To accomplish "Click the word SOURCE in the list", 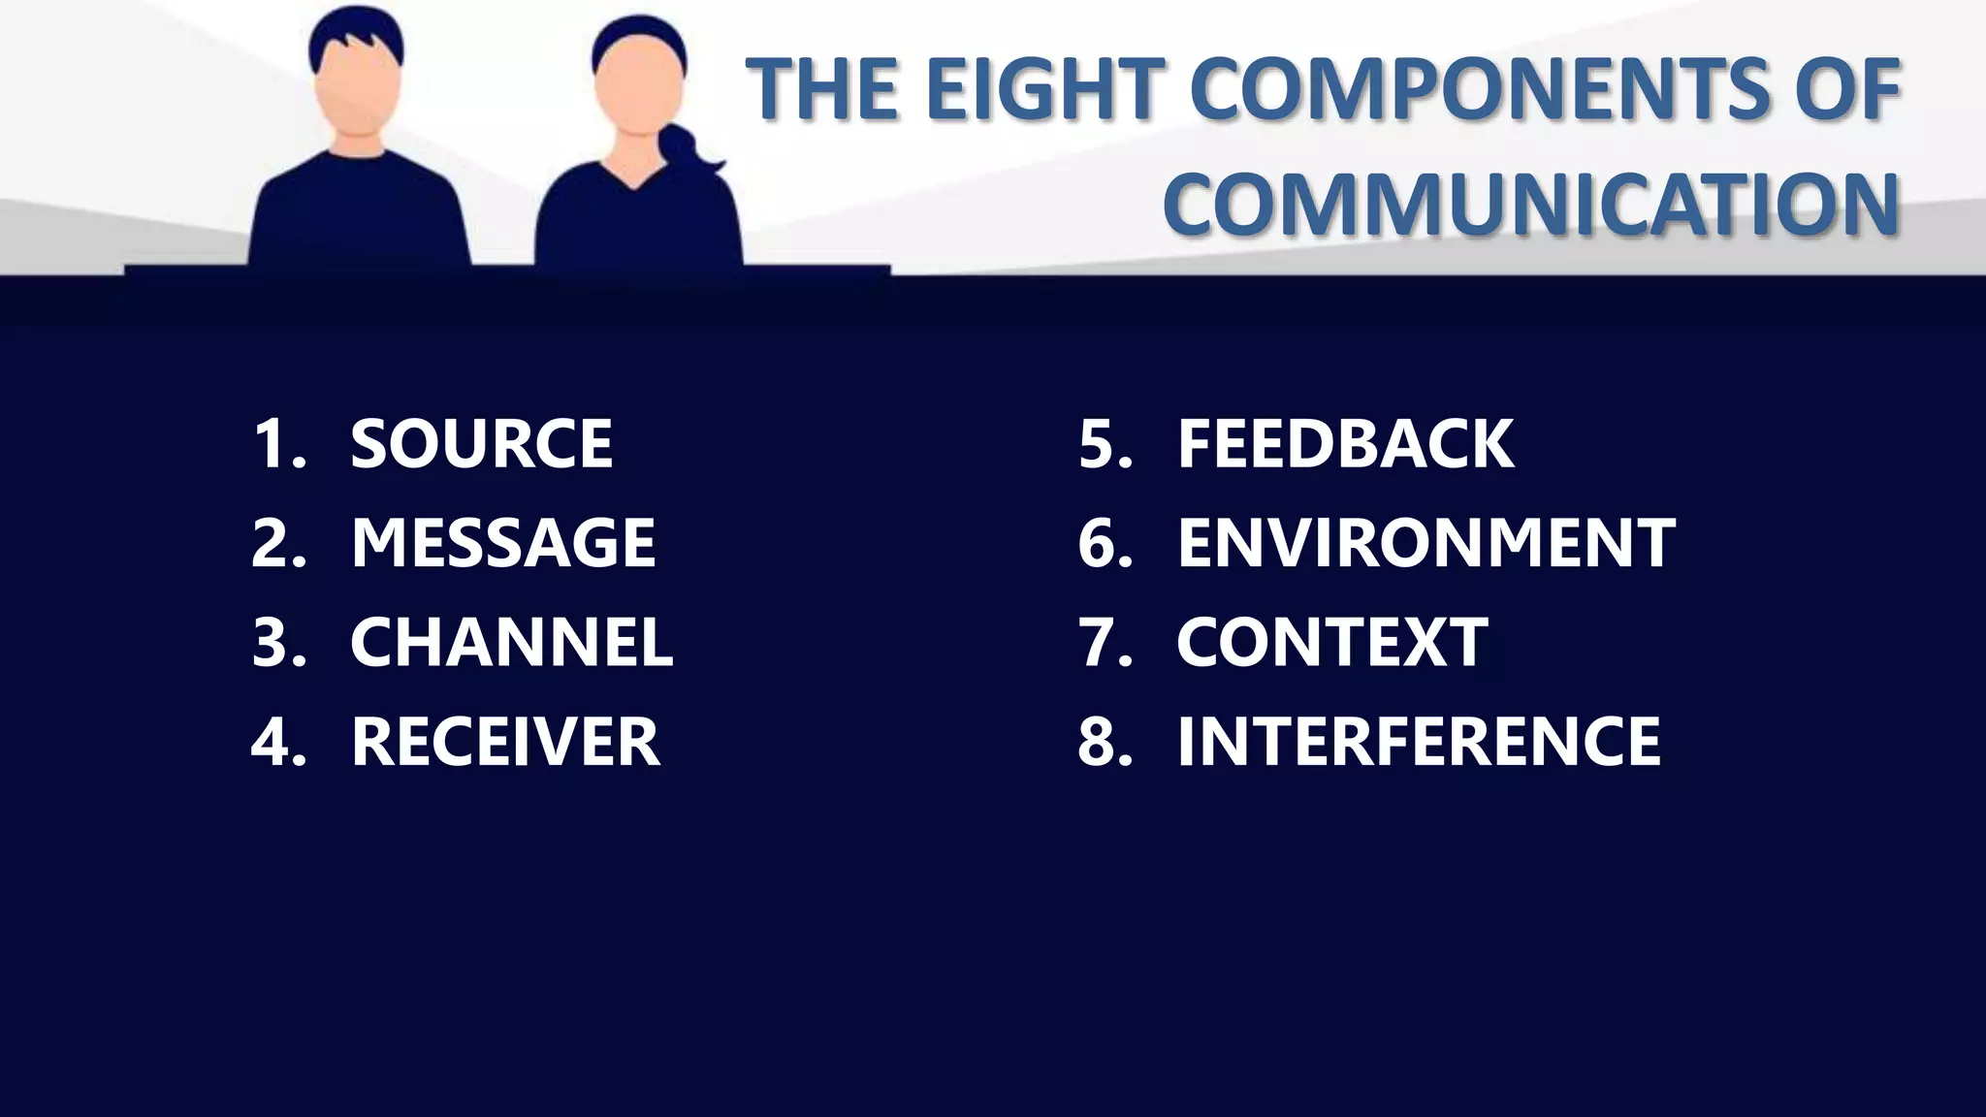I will click(481, 444).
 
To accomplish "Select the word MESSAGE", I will click(503, 543).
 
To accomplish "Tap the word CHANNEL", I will click(511, 642).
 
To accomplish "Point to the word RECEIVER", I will click(505, 742).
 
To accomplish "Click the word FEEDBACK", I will click(1345, 444).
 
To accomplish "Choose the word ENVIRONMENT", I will click(1425, 543).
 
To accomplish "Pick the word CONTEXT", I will click(1331, 642).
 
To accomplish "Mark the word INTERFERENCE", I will click(1419, 742).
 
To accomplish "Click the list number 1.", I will click(277, 444).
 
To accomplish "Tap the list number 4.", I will click(277, 742).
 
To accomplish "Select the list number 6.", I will click(1105, 543).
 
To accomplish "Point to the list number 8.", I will click(1105, 742).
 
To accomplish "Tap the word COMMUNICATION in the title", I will click(1530, 204).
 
